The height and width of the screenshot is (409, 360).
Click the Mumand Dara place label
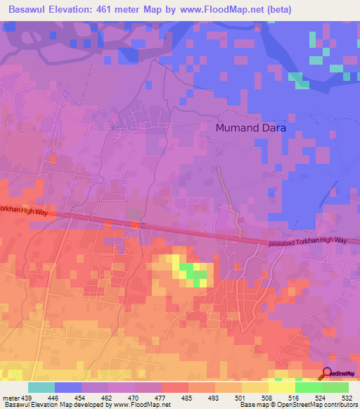click(250, 129)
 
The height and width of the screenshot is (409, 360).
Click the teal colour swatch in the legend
click(41, 387)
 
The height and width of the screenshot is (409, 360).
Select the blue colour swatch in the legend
click(68, 387)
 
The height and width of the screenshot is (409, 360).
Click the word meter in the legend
click(10, 397)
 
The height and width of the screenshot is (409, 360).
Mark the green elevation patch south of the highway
click(192, 272)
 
